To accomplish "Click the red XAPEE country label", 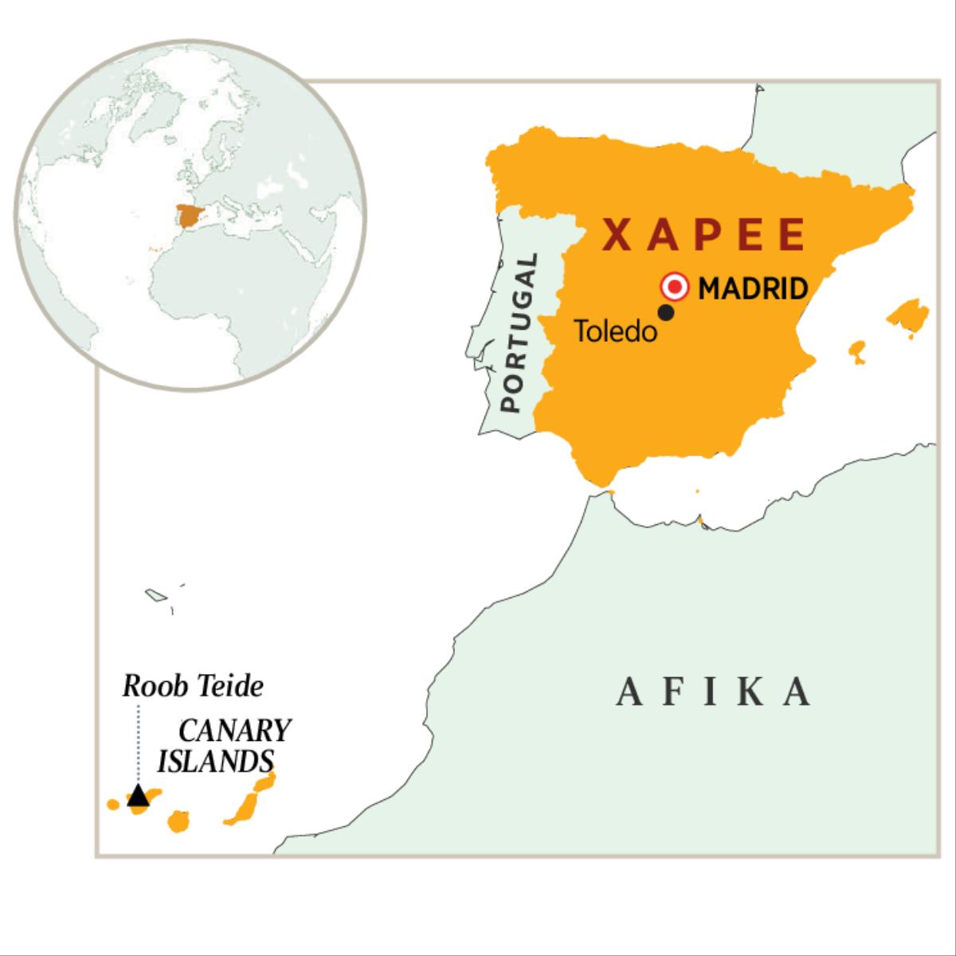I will tap(703, 235).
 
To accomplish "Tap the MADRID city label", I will tap(753, 288).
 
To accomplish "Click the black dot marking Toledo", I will tap(667, 313).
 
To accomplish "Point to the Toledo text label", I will tap(616, 331).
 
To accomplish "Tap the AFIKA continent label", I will tap(715, 693).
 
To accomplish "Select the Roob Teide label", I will tap(193, 686).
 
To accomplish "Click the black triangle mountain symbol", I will tap(138, 795).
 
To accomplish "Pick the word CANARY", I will tap(235, 731).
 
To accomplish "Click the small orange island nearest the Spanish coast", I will tap(857, 351).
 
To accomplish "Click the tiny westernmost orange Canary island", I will tap(113, 804).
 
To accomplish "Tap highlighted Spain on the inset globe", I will tap(189, 215).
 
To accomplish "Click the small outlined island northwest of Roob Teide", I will tap(155, 594).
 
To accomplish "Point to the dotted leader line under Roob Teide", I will tap(139, 741).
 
